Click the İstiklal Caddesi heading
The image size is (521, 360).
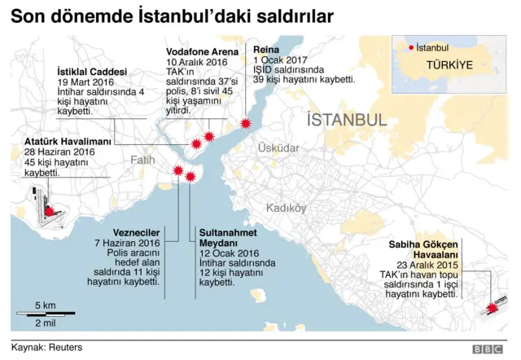pos(92,72)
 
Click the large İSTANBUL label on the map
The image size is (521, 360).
pos(347,121)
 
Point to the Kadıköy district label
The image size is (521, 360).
pos(286,208)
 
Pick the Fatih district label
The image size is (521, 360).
pos(142,160)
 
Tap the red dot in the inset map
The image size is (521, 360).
pos(411,47)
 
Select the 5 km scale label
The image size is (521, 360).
pos(45,305)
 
